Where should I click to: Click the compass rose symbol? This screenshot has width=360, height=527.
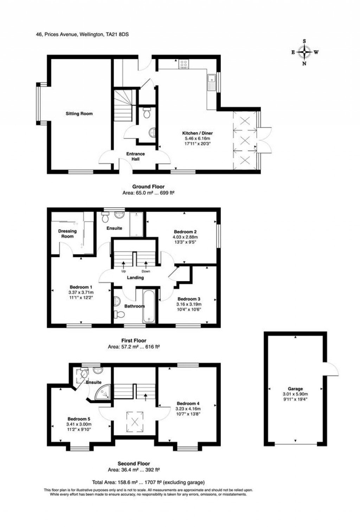(304, 52)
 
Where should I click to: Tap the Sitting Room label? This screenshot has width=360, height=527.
(79, 114)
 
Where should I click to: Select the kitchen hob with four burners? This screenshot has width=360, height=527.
(184, 64)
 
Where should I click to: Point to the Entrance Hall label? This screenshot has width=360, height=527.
(135, 156)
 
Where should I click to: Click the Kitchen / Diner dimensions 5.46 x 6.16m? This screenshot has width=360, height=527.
(197, 138)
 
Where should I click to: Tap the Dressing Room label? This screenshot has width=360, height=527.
(67, 234)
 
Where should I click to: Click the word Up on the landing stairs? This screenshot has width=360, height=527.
(123, 271)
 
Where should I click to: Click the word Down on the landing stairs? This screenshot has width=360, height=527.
(146, 271)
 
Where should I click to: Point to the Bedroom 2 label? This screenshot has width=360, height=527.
(185, 232)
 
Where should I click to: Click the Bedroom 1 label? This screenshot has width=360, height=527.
(81, 287)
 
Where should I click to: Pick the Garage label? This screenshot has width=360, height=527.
(295, 389)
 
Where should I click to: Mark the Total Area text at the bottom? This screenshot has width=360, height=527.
(148, 482)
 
